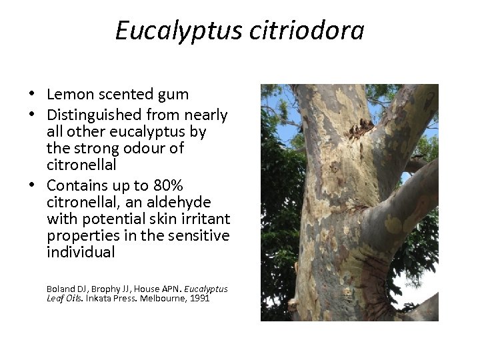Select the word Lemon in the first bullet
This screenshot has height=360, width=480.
(x=69, y=95)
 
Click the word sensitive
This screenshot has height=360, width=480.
(x=199, y=236)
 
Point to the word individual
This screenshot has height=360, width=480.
(x=81, y=253)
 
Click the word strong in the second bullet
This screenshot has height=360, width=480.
(x=90, y=147)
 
